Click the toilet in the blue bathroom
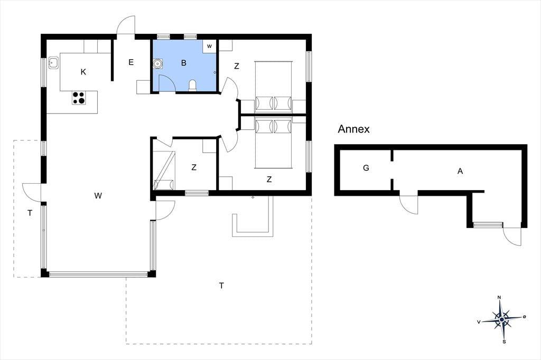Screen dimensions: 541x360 click(x=193, y=86)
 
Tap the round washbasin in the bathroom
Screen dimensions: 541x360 click(x=158, y=64)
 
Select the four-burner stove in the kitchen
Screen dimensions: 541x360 click(x=79, y=98)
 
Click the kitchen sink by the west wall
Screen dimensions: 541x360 click(x=53, y=63)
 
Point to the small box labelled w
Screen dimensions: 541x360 click(x=209, y=46)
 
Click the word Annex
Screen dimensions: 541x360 click(x=353, y=129)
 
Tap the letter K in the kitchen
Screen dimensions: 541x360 click(x=83, y=72)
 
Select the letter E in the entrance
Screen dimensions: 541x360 click(x=131, y=62)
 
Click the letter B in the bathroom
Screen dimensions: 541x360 click(x=184, y=63)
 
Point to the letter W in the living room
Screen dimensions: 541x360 click(x=98, y=196)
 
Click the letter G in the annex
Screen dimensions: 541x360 click(x=366, y=168)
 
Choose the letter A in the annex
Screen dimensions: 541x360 click(x=460, y=171)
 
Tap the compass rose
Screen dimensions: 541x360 click(x=501, y=320)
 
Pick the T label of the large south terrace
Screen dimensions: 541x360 click(x=221, y=286)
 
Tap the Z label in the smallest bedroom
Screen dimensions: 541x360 click(x=194, y=167)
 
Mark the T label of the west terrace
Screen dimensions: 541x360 click(x=30, y=213)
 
